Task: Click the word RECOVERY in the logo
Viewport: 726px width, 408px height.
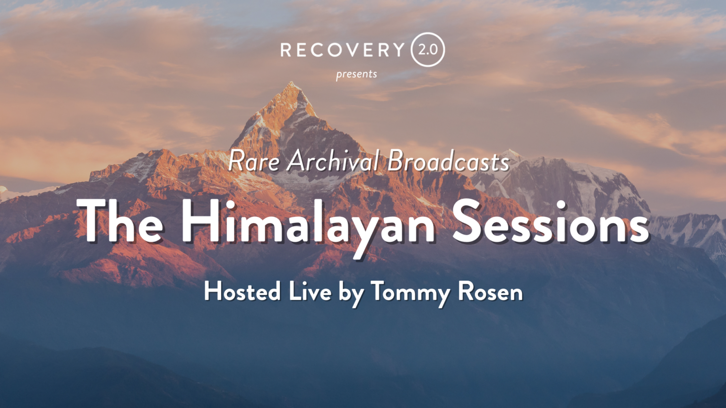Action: tap(342, 50)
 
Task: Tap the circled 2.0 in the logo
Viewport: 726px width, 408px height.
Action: tap(428, 50)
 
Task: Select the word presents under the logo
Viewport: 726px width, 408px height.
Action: tap(356, 75)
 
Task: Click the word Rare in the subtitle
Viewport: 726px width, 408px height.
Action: tap(254, 161)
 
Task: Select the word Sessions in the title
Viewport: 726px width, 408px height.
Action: tap(551, 221)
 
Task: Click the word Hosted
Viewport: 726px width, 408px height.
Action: tap(242, 291)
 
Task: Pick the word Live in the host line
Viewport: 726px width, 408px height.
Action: tap(310, 291)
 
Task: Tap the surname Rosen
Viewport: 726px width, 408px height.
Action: tap(490, 291)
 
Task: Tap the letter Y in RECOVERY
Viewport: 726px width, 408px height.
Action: tap(398, 50)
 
